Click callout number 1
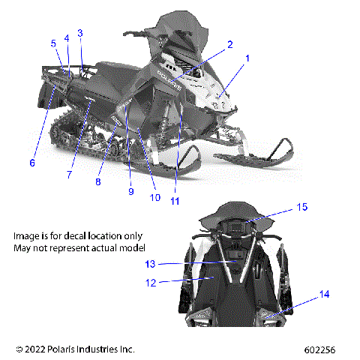click(248, 58)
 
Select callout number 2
click(230, 44)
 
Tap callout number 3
click(80, 33)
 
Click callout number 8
click(98, 181)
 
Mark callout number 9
click(130, 192)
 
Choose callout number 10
click(155, 198)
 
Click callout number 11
click(175, 201)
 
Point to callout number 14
click(324, 295)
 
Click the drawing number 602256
click(329, 349)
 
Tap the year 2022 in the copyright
click(37, 349)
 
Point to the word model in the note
click(131, 247)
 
